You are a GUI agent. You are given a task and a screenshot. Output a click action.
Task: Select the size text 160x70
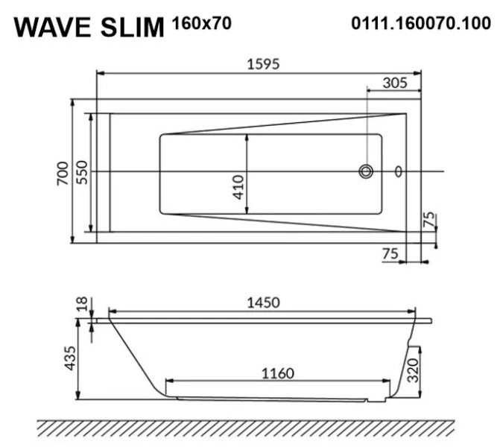[x=201, y=23]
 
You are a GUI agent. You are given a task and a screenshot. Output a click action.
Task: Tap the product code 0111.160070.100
[x=420, y=23]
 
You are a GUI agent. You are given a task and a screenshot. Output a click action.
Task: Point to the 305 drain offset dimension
[x=394, y=83]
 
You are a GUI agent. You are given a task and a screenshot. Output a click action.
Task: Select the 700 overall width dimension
[x=63, y=172]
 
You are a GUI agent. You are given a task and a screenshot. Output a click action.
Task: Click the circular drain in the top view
[x=366, y=172]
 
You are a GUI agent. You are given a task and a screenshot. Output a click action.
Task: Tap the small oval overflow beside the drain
[x=398, y=172]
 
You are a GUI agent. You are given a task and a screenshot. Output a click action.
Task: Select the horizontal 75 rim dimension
[x=390, y=254]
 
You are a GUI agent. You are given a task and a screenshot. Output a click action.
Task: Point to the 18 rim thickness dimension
[x=82, y=304]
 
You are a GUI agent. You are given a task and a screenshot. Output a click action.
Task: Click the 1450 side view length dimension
[x=263, y=302]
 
